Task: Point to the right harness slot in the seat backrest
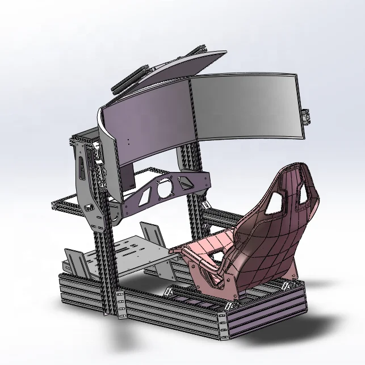click(x=310, y=195)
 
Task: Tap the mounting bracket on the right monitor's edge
click(x=309, y=116)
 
